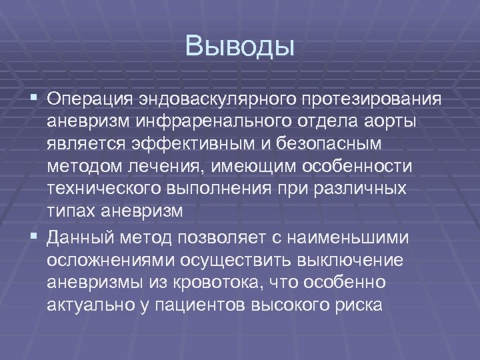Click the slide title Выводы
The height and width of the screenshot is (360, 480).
(240, 47)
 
